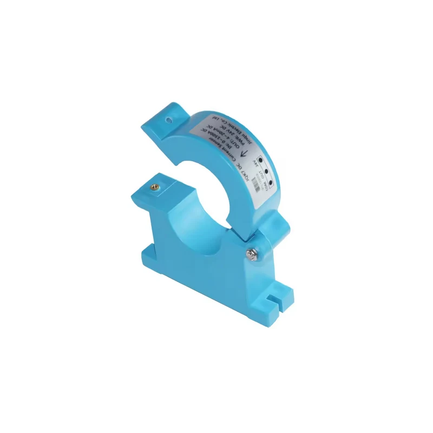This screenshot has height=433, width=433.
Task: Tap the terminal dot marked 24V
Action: coord(260,161)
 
